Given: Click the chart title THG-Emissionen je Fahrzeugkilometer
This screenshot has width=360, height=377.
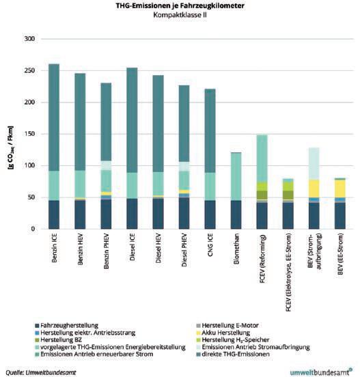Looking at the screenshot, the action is coord(180,5).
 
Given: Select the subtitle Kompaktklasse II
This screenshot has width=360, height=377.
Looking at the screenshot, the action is coord(180,15).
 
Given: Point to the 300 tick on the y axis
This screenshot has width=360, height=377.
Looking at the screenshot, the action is coord(29,39).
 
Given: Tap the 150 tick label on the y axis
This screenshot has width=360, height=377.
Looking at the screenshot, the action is coord(29,134).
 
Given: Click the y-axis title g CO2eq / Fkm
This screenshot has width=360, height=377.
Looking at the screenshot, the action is coord(11,148).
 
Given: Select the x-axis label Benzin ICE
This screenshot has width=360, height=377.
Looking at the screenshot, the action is coord(55,248).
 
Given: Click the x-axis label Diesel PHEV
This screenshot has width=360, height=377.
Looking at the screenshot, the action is coord(184,250).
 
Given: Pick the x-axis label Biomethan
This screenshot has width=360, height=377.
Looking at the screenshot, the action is coord(236,249).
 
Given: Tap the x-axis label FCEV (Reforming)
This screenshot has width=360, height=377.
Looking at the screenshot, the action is coord(262,259).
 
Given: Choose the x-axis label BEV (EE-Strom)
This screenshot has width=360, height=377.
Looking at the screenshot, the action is coord(340,254).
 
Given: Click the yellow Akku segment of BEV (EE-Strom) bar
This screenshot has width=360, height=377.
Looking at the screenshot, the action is coord(340,188).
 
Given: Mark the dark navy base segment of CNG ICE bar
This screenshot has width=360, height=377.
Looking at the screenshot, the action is coord(210,214).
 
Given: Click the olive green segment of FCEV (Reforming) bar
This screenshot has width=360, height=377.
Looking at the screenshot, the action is coord(262,195).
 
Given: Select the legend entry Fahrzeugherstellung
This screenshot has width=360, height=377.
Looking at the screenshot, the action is coord(67,326).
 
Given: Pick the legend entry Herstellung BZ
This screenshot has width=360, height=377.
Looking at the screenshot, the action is coord(59,340).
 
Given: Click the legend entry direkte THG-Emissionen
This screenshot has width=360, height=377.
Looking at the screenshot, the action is coord(233,354).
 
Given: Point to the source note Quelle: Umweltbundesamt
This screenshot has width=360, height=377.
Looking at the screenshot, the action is coord(40,372).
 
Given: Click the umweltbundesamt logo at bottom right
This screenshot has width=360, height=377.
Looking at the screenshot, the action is coord(321,372).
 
